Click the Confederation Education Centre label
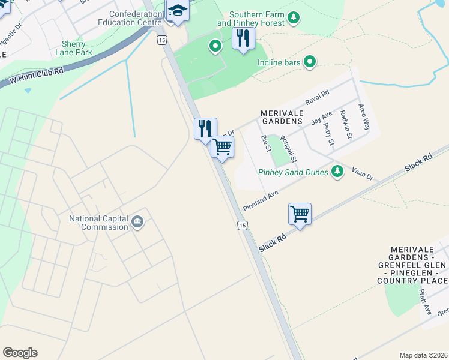pos(135,18)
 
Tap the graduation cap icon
pos(178,11)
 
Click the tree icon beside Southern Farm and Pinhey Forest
pos(294,17)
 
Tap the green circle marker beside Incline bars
pos(310,61)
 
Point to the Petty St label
pos(328,134)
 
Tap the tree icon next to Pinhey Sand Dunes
pos(337,172)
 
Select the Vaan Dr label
pos(362,173)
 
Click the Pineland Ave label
pos(261,200)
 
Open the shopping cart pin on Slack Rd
pos(300,214)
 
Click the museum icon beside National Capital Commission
pos(137,223)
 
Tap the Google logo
pos(20,353)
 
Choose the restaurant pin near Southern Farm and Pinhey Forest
pos(243,38)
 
